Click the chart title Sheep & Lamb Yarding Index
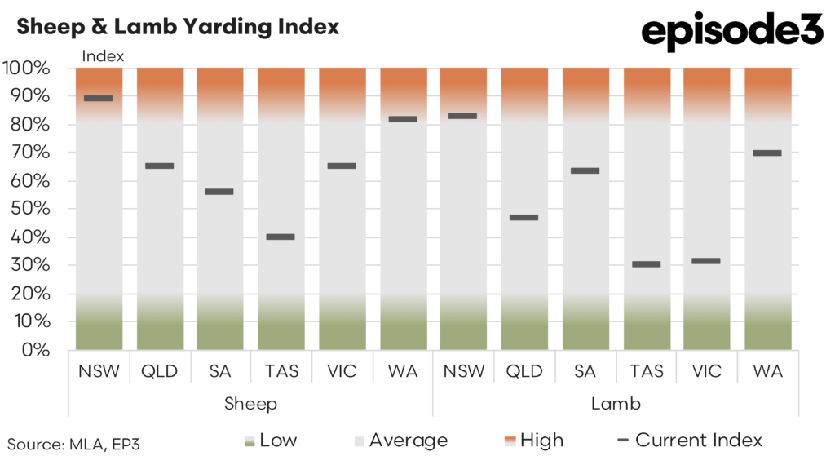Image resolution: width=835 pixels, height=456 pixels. pos(178,27)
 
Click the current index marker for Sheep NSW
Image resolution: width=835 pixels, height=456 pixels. pos(99,98)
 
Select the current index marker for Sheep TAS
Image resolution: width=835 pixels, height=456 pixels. pos(281,237)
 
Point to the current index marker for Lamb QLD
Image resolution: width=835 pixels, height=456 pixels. pos(524,217)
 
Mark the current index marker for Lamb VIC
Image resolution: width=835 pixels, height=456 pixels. pos(706,261)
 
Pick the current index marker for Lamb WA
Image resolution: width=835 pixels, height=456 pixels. pos(767,153)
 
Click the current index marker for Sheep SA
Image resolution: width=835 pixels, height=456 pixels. pos(220,192)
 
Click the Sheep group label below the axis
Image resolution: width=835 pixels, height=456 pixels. pos(250,403)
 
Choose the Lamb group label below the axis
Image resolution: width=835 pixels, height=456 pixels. pos(615,403)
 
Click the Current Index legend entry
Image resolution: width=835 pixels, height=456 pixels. pos(690,441)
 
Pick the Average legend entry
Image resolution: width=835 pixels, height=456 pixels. pos(400,441)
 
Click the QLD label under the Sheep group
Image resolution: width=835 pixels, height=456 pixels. pos(159,371)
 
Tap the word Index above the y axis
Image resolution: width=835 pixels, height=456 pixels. pos(104,56)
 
